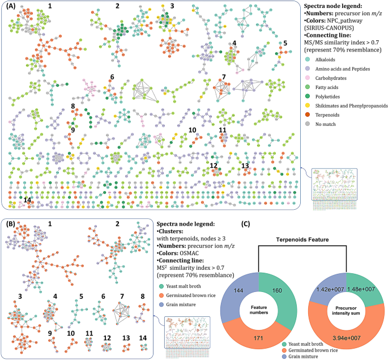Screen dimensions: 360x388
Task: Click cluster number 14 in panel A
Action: pos(27,200)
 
